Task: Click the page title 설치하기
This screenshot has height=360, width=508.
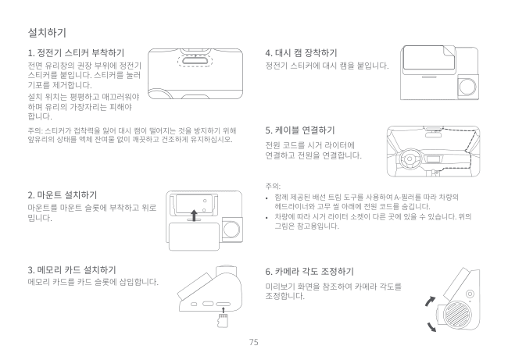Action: point(47,33)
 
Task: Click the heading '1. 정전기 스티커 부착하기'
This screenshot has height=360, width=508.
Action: point(76,53)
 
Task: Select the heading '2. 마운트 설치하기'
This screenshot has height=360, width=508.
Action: point(63,195)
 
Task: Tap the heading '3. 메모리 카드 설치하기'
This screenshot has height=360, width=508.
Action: point(72,269)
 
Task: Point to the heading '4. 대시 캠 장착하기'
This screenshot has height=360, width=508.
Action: point(302,53)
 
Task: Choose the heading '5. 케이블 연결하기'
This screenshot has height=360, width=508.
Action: point(300,130)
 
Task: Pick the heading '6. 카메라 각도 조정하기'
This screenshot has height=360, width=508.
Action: point(309,271)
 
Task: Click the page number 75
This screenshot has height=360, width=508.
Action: point(254,342)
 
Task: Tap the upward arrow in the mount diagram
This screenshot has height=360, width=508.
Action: point(194,216)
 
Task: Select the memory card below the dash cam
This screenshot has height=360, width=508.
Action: point(224,320)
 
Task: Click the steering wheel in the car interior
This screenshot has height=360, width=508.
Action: point(410,159)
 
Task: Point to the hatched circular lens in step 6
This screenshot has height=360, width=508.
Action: point(457,313)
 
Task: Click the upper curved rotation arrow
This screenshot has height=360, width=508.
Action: point(430,301)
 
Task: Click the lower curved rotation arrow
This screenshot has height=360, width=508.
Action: point(431,327)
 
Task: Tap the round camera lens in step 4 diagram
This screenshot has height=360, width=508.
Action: point(468,87)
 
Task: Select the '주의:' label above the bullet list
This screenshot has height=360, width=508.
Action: point(273,186)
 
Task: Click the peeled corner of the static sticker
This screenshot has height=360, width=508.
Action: point(449,52)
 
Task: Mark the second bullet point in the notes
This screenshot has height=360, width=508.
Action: point(267,218)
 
